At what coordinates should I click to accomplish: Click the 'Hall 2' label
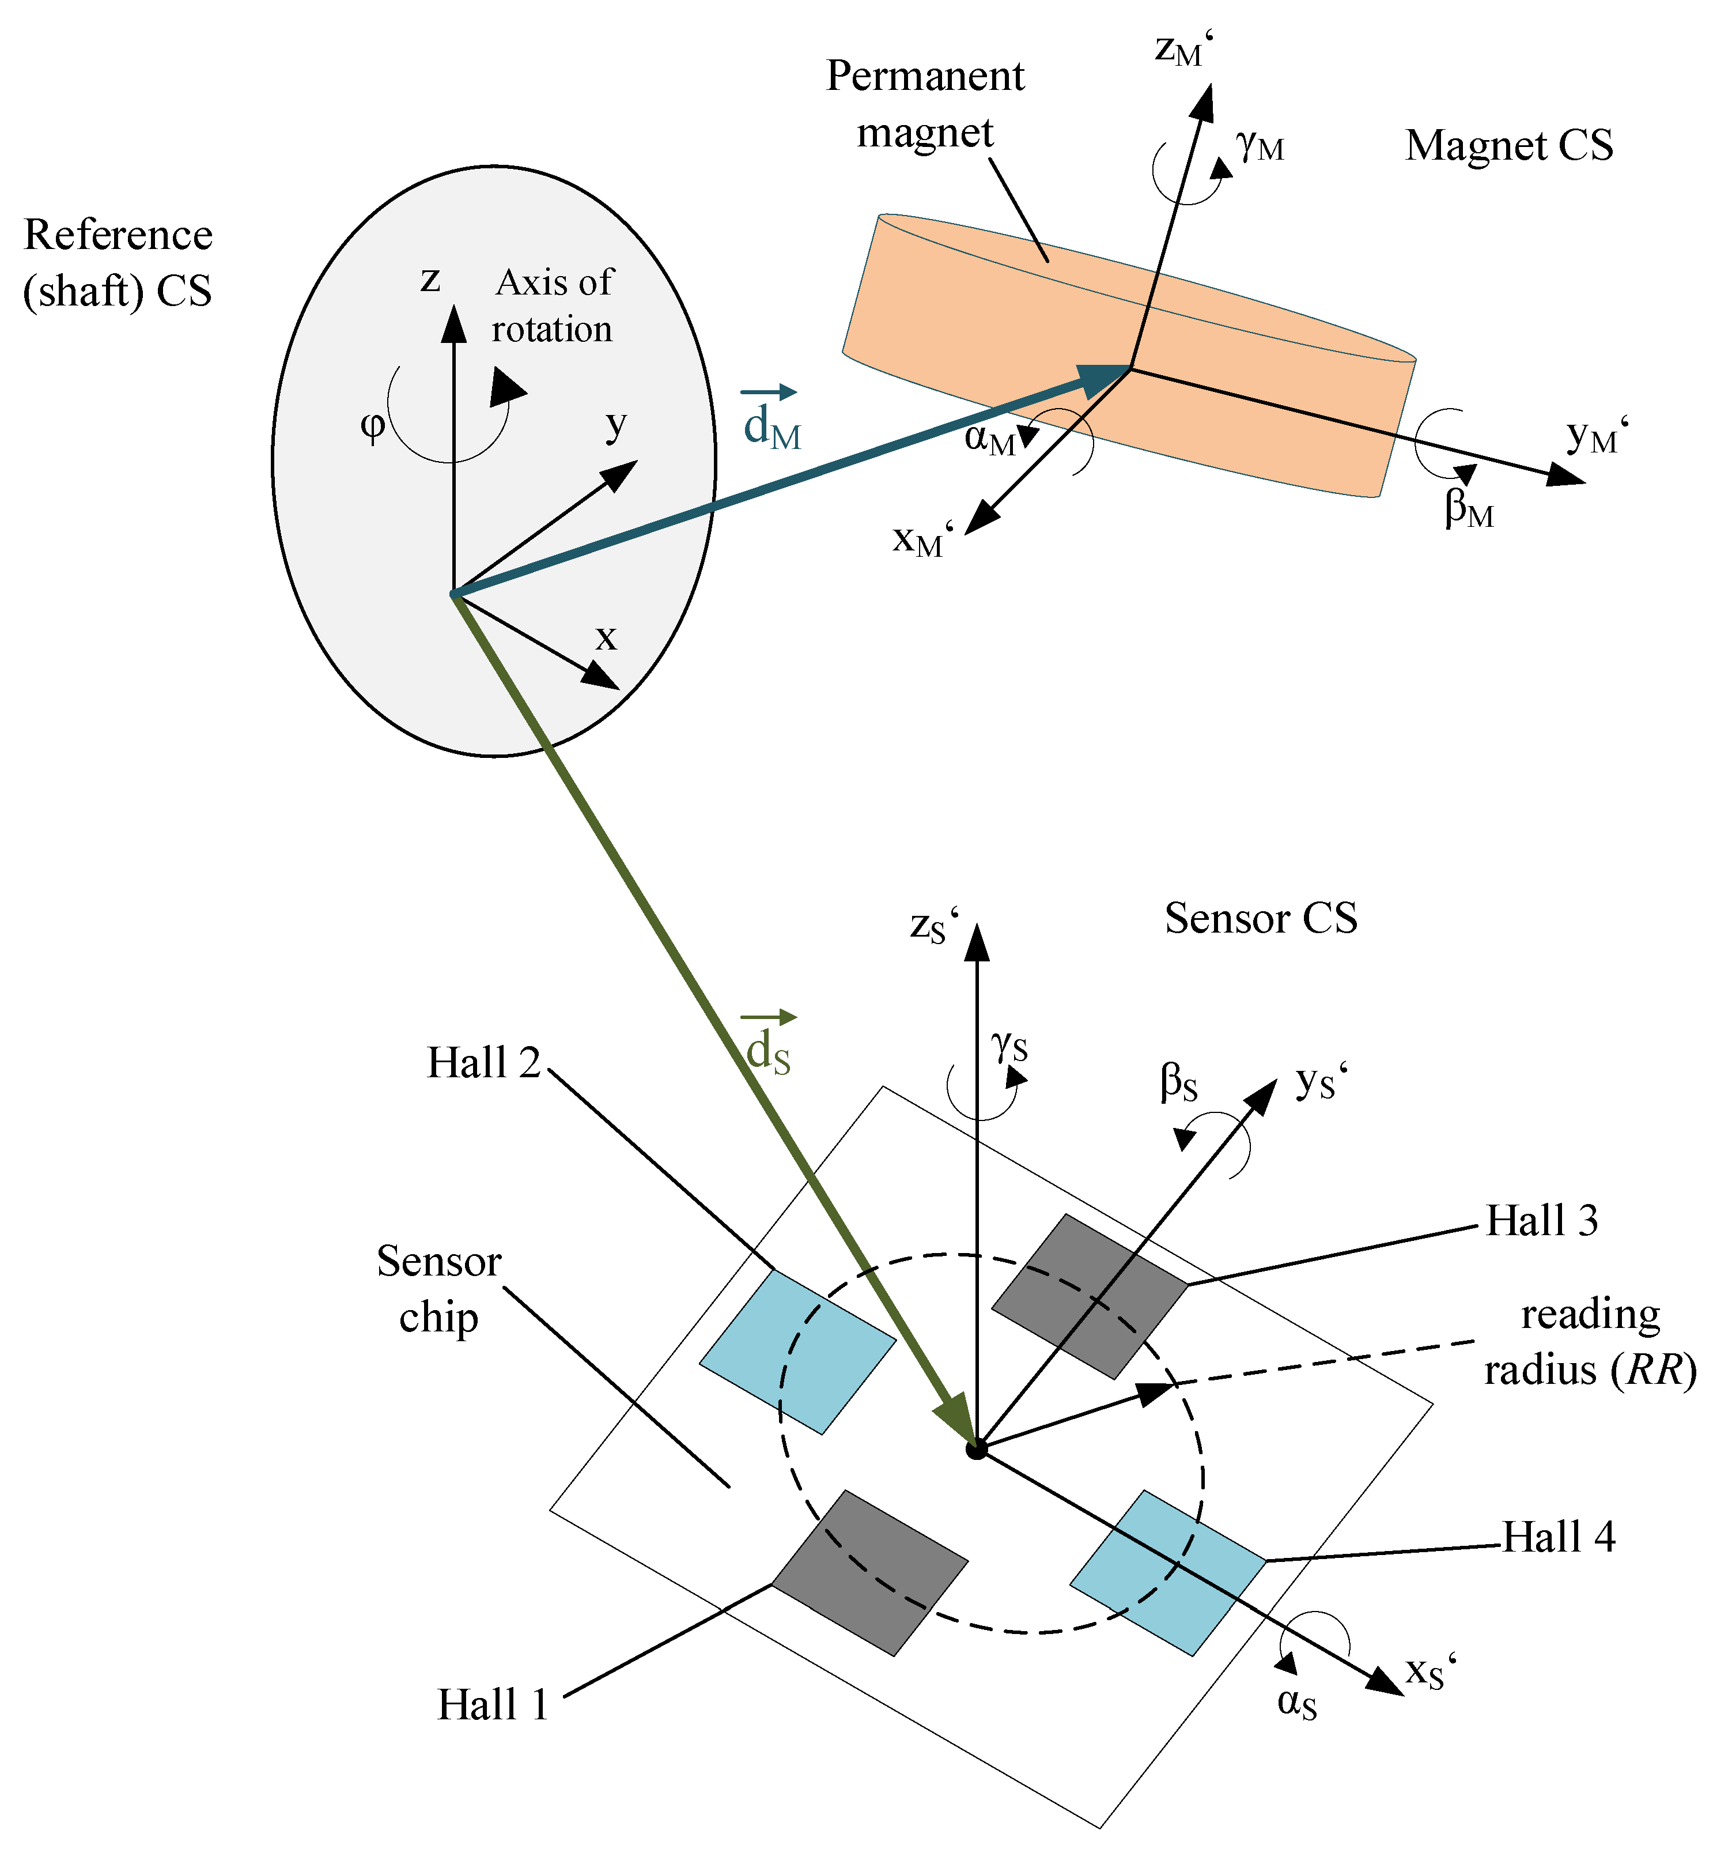pyautogui.click(x=483, y=1063)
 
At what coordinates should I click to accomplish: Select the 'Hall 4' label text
pyautogui.click(x=1558, y=1537)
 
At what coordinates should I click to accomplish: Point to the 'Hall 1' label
pyautogui.click(x=493, y=1705)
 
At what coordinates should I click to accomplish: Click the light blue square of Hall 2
pyautogui.click(x=797, y=1352)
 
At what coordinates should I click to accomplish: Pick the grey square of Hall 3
pyautogui.click(x=1090, y=1296)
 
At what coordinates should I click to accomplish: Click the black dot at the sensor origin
pyautogui.click(x=976, y=1449)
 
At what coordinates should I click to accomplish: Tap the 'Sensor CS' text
pyautogui.click(x=1261, y=919)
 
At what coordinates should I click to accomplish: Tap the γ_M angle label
pyautogui.click(x=1260, y=145)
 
